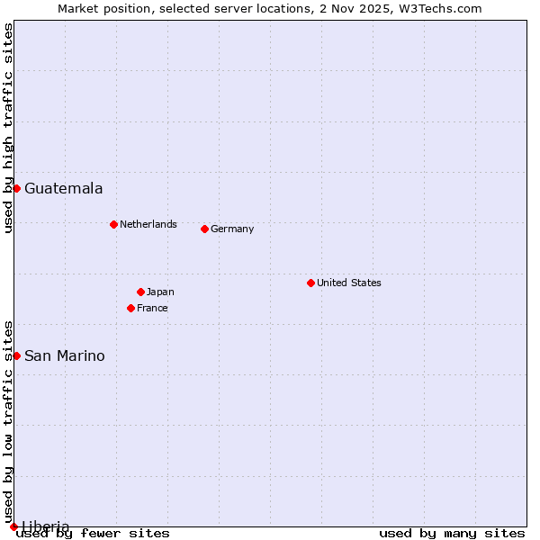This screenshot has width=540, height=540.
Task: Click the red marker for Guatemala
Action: [16, 188]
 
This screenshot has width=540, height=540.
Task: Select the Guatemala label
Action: [63, 189]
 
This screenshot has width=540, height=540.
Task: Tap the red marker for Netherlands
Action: [113, 224]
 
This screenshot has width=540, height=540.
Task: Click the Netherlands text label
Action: [148, 224]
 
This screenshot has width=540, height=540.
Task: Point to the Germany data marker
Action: [204, 229]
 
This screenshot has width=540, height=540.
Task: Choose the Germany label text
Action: [232, 229]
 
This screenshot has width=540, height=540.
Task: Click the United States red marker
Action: [310, 283]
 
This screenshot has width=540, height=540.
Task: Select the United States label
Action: [348, 283]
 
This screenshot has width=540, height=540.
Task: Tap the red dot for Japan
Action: [140, 292]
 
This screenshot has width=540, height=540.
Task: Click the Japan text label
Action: [160, 292]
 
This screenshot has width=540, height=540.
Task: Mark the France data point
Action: [130, 308]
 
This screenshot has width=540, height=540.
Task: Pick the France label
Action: [152, 308]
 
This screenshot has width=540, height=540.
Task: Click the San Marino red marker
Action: [16, 355]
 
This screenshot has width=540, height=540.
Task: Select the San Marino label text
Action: [64, 356]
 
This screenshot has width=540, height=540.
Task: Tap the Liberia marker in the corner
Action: [13, 526]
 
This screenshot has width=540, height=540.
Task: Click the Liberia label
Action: [45, 526]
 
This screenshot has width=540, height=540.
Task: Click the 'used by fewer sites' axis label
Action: [94, 534]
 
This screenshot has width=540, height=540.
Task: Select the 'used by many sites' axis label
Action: [452, 534]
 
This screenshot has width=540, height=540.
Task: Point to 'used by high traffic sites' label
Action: [8, 128]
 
